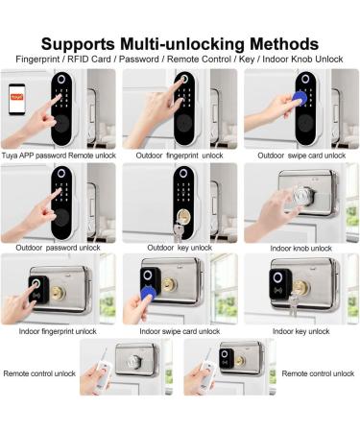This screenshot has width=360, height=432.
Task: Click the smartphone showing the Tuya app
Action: pyautogui.click(x=17, y=99)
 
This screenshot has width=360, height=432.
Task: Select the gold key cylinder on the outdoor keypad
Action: pyautogui.click(x=183, y=217)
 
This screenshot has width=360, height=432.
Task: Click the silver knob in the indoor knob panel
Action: pyautogui.click(x=302, y=195)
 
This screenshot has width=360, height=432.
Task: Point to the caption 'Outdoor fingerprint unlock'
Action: pyautogui.click(x=180, y=156)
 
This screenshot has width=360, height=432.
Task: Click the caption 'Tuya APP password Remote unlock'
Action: pyautogui.click(x=59, y=156)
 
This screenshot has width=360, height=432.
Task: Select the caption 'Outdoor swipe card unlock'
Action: pyautogui.click(x=301, y=156)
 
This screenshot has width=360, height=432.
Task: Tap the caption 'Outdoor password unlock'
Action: pyautogui.click(x=58, y=248)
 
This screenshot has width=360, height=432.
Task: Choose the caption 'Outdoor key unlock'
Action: pyautogui.click(x=180, y=248)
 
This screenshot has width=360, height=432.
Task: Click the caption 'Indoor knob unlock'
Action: pyautogui.click(x=301, y=249)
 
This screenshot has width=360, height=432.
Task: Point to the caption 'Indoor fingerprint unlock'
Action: pyautogui.click(x=58, y=331)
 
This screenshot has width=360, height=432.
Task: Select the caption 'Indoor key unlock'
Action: pyautogui.click(x=301, y=331)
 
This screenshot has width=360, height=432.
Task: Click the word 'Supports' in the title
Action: pyautogui.click(x=78, y=44)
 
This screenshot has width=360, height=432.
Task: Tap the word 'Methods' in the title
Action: pyautogui.click(x=284, y=43)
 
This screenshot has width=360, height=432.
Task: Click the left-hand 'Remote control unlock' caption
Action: pyautogui.click(x=39, y=373)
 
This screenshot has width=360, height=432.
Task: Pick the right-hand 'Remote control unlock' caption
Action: pyautogui.click(x=318, y=373)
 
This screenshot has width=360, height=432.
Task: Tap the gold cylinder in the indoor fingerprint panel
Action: pyautogui.click(x=59, y=293)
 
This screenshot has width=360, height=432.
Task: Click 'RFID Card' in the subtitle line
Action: pyautogui.click(x=89, y=60)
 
